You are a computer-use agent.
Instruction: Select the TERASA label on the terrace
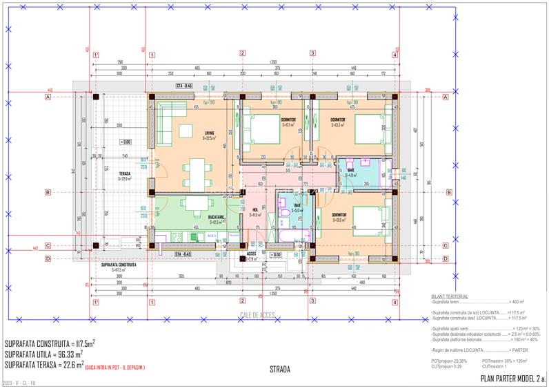click(x=124, y=173)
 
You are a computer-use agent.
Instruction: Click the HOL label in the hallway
click(x=254, y=210)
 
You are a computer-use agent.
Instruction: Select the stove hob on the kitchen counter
click(x=175, y=236)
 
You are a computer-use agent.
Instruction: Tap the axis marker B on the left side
click(x=48, y=192)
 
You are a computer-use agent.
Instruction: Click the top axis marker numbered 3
click(x=312, y=53)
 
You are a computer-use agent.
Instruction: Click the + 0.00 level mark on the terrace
click(x=124, y=142)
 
